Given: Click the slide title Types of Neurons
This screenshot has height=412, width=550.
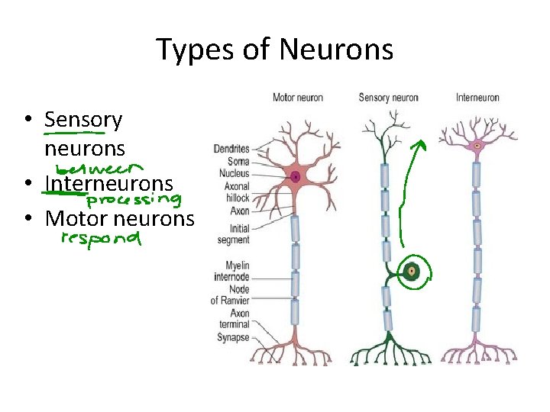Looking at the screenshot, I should point(275,50).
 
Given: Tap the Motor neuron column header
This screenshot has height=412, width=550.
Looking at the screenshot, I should point(298,98).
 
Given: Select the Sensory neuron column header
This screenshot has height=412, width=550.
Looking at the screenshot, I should point(388,98).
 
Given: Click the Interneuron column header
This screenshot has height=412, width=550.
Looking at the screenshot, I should point(477,98).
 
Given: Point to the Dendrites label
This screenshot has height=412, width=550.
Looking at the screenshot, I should point(231,149).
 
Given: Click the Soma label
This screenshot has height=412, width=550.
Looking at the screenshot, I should point(238,161).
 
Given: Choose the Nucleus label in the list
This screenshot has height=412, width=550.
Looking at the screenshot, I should point(234,173).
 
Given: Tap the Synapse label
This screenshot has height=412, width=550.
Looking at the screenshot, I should point(233,337).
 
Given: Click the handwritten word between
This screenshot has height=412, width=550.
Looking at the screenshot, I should point(99,167).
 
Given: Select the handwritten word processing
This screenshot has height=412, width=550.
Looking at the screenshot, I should point(134,201).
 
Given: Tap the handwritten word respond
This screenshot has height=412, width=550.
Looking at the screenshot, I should point(101,239).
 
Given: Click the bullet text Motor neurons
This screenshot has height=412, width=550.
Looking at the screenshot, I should point(120,219).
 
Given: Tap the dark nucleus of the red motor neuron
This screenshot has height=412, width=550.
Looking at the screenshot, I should point(296,177).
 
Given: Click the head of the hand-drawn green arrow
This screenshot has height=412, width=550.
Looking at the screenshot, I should point(419,143).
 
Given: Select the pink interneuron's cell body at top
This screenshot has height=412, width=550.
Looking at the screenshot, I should point(477,144).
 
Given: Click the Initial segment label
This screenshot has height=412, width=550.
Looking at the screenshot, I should point(233,234).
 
